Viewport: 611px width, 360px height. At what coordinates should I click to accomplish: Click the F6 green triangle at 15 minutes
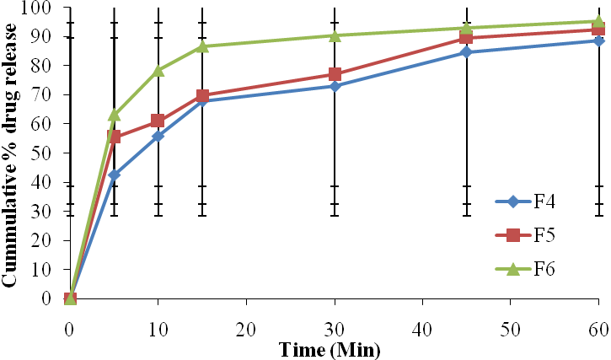click(202, 46)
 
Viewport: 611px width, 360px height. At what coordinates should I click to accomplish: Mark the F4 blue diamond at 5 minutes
click(114, 175)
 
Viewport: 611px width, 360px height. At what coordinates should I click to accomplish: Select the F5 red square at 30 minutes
click(335, 74)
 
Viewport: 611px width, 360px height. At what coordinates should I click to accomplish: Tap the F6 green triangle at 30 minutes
click(335, 35)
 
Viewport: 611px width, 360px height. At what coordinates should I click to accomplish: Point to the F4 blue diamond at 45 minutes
click(467, 52)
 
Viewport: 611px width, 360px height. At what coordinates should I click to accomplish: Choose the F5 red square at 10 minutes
click(158, 121)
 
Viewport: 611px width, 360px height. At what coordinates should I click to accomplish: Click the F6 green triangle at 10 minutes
click(158, 70)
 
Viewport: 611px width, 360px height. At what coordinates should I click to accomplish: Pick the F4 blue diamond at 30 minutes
click(335, 86)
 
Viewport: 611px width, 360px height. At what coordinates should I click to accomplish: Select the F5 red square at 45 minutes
click(467, 38)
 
